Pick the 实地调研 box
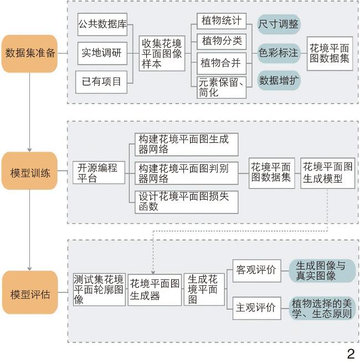pos(102,53)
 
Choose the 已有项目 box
pos(102,82)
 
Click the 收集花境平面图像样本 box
pos(162,53)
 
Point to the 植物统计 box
pos(221,22)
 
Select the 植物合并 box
pos(221,63)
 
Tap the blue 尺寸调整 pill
pos(279,24)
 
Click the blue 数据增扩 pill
pos(279,81)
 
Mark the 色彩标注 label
pos(279,53)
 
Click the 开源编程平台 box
pos(97,173)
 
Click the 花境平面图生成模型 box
pos(328,173)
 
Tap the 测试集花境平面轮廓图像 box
pos(99,288)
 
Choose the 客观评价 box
pos(256,270)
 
